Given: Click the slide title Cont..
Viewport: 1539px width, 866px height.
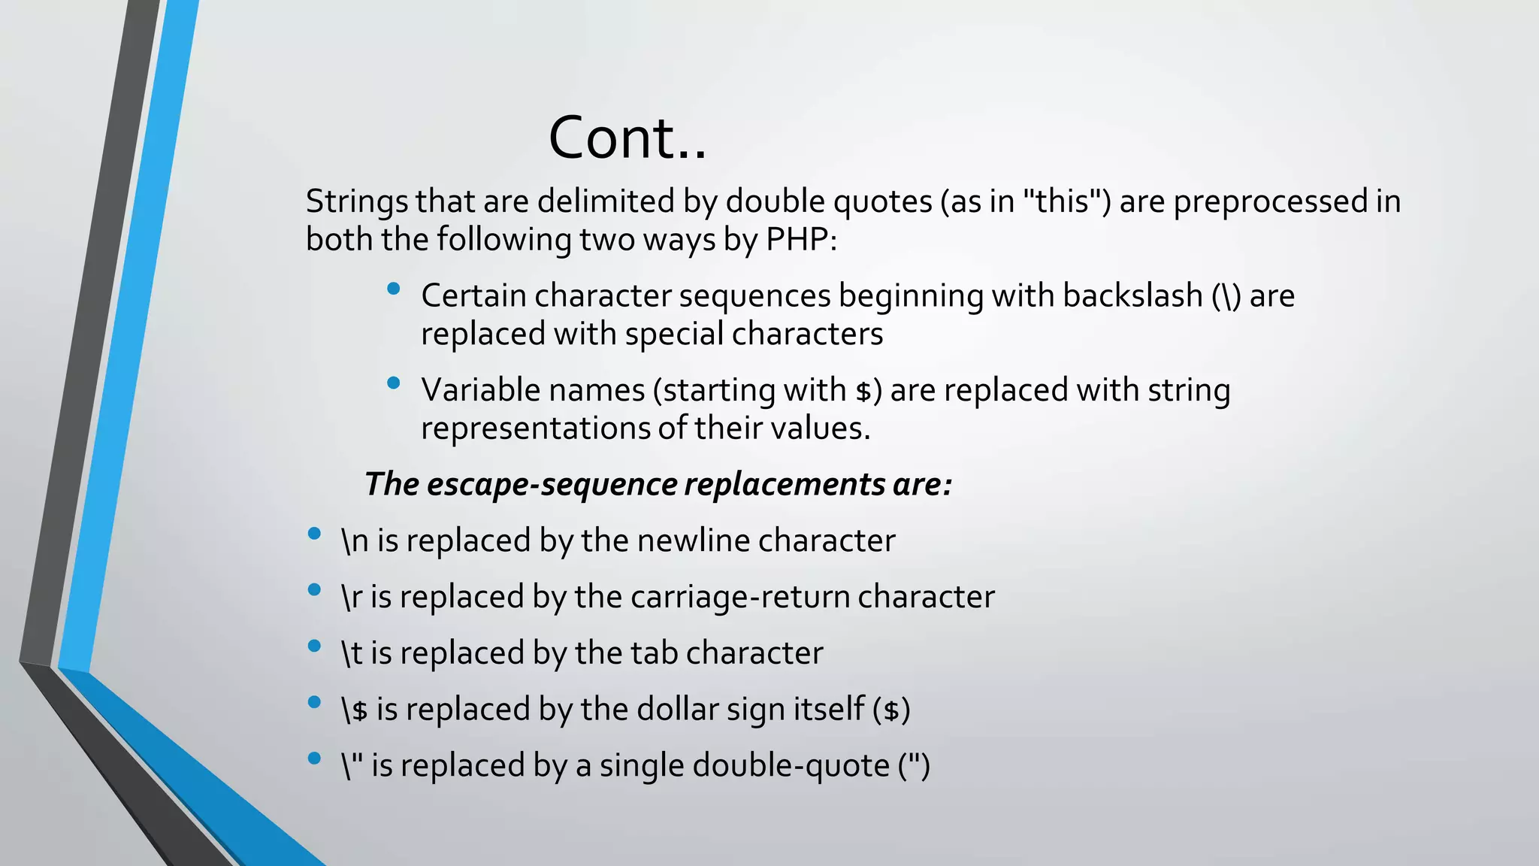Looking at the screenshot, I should point(627,138).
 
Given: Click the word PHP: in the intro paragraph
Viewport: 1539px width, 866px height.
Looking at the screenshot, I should point(801,240).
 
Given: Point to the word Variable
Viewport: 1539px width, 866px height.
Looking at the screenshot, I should point(479,390).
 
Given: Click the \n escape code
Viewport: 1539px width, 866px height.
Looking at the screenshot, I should point(355,541).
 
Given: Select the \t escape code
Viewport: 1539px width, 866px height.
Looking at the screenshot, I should point(351,653).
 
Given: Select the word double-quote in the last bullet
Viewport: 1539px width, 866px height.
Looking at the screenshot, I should point(791,766).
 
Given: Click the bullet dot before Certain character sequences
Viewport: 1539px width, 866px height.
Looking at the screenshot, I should point(393,289).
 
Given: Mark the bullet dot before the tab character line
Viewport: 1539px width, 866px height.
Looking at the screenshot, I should point(314,646).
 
